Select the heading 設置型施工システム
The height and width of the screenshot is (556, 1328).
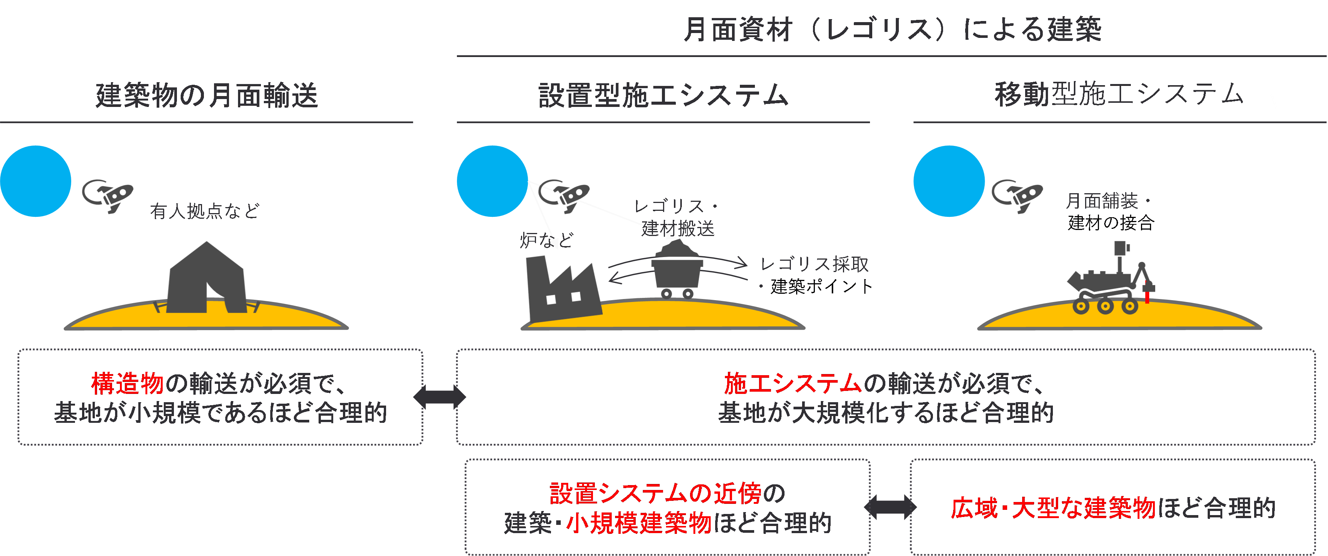point(663,95)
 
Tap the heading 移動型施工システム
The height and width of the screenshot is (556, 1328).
point(1119,95)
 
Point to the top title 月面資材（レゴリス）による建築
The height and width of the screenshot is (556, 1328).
point(892,29)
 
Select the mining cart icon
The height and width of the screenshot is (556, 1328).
point(677,271)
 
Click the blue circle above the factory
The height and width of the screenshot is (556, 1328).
point(492,181)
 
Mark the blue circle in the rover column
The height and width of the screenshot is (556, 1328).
point(949,181)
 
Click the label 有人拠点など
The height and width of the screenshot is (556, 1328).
point(205,211)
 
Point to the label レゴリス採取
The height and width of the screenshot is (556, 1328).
point(814,264)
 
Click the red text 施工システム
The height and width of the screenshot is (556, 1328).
point(792,383)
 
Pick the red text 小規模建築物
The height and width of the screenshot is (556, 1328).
point(639,523)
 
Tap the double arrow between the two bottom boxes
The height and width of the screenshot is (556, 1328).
point(890,508)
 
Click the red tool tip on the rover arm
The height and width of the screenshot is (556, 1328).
point(1147,297)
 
